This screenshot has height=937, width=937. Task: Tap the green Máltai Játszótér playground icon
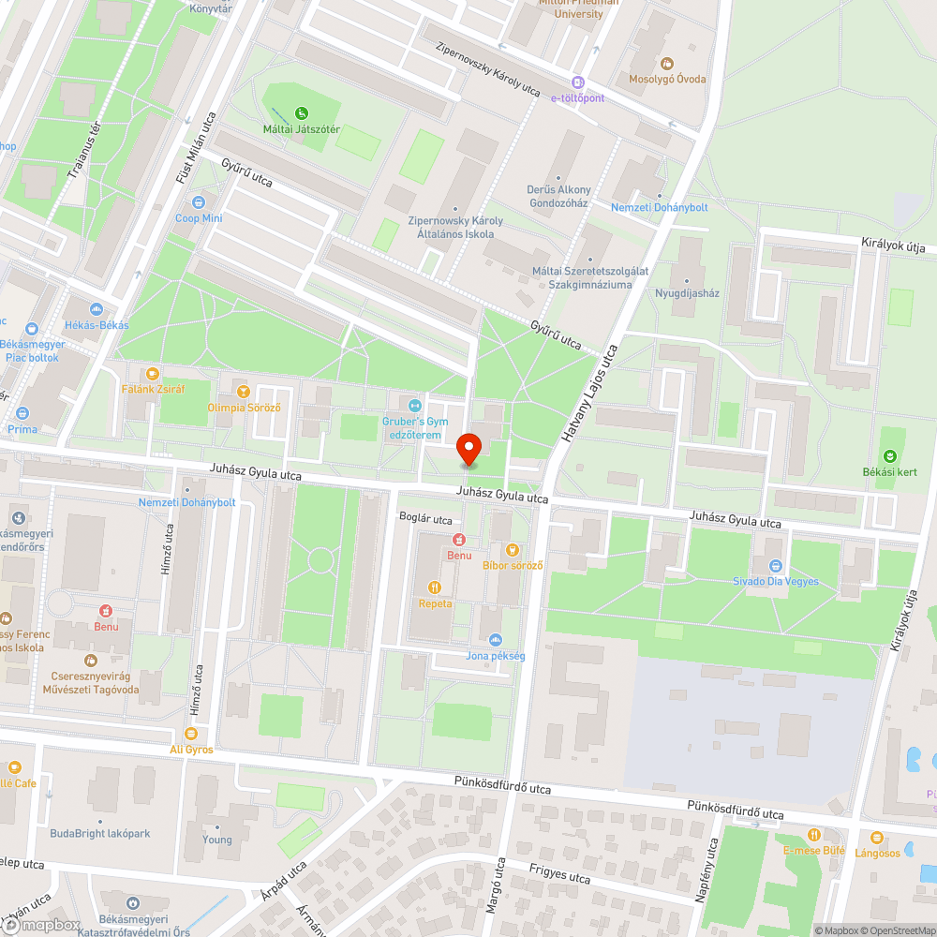(x=302, y=112)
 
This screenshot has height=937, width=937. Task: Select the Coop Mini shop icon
(x=199, y=202)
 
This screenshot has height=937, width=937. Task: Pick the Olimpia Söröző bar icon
(x=244, y=392)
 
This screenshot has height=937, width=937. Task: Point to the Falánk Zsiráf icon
(x=153, y=373)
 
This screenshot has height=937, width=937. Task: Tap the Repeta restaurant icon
(x=435, y=587)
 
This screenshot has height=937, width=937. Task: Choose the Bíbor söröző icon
(x=512, y=549)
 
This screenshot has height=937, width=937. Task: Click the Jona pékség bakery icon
(x=496, y=639)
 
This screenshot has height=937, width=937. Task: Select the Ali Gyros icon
(x=191, y=733)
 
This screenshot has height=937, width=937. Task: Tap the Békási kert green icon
(x=889, y=455)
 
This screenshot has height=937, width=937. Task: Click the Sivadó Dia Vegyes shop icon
(x=775, y=565)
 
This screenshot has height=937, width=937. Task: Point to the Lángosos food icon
(x=877, y=837)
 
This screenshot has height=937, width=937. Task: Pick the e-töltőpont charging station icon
(x=577, y=82)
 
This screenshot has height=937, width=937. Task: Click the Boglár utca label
(x=425, y=519)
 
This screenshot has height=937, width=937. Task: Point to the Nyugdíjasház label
(x=687, y=292)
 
